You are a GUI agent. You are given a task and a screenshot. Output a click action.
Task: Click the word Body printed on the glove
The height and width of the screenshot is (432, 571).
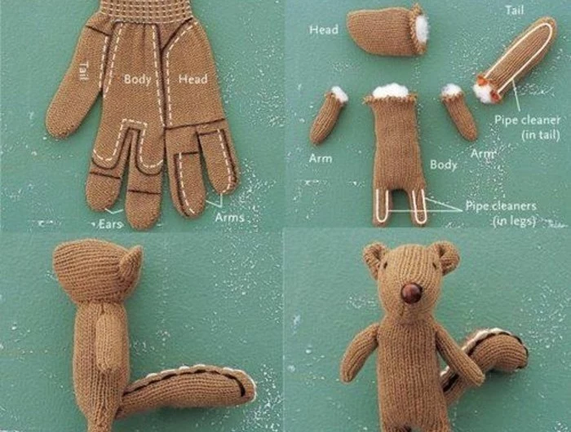(137, 79)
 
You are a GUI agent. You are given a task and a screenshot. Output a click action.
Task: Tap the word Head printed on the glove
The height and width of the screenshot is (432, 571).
(193, 78)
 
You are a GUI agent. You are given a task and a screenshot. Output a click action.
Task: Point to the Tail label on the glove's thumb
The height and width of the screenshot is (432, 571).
(84, 71)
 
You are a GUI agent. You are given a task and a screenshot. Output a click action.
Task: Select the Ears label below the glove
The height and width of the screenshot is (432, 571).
(110, 224)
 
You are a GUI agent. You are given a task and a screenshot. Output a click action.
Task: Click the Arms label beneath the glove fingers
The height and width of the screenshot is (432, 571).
(229, 218)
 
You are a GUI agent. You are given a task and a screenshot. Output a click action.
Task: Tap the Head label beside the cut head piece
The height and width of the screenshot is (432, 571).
(324, 29)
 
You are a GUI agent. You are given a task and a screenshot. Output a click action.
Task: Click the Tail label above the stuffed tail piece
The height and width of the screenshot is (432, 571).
(515, 10)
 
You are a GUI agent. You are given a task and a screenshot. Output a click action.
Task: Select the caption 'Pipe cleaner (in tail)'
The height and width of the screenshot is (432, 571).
(527, 127)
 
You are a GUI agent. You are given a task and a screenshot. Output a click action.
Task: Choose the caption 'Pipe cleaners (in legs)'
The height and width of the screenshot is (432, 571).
(501, 213)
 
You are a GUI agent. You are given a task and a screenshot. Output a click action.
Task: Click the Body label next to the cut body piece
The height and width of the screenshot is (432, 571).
(443, 165)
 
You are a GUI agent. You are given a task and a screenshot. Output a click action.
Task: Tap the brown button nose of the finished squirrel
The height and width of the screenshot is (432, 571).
(411, 293)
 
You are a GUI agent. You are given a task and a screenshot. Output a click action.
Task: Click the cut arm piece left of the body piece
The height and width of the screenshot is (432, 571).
(328, 116)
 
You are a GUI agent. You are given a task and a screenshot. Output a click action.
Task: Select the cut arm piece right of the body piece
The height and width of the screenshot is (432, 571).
(459, 112)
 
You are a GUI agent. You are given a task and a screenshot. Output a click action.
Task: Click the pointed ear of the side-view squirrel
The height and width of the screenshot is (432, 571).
(131, 261)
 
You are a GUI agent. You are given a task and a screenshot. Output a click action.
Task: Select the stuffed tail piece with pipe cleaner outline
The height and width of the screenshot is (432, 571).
(516, 59)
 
